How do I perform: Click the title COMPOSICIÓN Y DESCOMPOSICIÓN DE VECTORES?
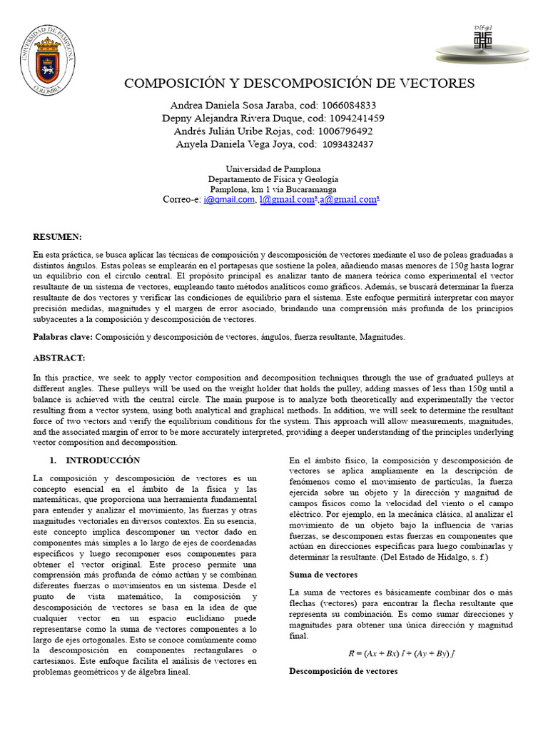click(x=299, y=84)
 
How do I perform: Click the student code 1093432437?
click(x=348, y=144)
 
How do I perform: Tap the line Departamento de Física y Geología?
click(x=273, y=179)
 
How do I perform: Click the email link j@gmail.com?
click(x=229, y=201)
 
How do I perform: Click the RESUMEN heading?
click(x=58, y=236)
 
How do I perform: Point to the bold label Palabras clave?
click(x=63, y=336)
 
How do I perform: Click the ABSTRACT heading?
click(x=59, y=357)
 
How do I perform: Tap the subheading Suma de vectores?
click(x=323, y=574)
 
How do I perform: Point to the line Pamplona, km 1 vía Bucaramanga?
click(x=273, y=190)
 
